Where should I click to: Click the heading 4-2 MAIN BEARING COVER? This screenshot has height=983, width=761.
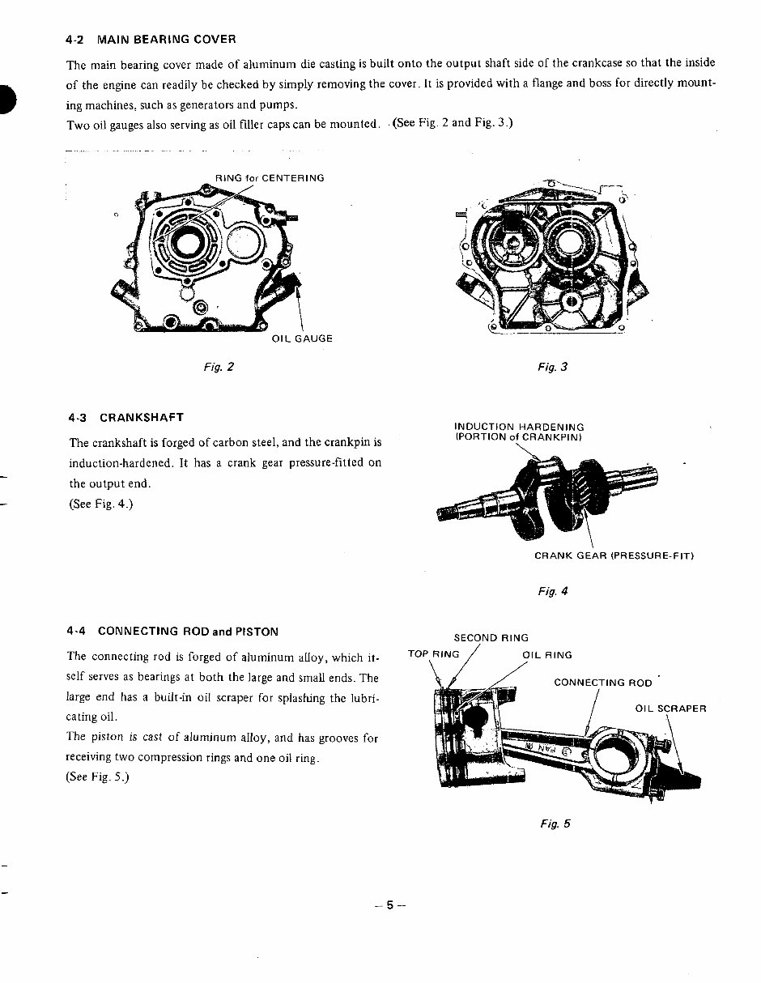coord(152,39)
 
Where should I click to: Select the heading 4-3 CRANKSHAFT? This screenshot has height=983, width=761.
coord(126,418)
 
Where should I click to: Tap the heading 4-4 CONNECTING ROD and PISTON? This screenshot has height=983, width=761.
coord(173,631)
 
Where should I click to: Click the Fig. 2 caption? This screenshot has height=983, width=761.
coord(219,367)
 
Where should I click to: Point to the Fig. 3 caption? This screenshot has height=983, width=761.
coord(553,367)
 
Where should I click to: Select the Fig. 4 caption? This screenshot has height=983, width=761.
coord(553,591)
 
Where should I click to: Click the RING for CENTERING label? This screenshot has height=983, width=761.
coord(270,177)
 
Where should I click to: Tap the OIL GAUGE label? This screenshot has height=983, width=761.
coord(302,338)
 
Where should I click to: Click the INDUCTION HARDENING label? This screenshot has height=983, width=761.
coord(519,427)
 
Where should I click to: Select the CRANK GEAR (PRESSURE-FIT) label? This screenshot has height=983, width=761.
coord(614,555)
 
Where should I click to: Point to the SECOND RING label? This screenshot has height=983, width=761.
coord(491,638)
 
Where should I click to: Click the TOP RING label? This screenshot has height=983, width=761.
coord(433,654)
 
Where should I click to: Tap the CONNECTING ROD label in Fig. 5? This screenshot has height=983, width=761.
coord(602,683)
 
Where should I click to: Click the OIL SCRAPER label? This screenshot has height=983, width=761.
coord(670,709)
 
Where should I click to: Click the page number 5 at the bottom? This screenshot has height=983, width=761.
coord(389,905)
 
